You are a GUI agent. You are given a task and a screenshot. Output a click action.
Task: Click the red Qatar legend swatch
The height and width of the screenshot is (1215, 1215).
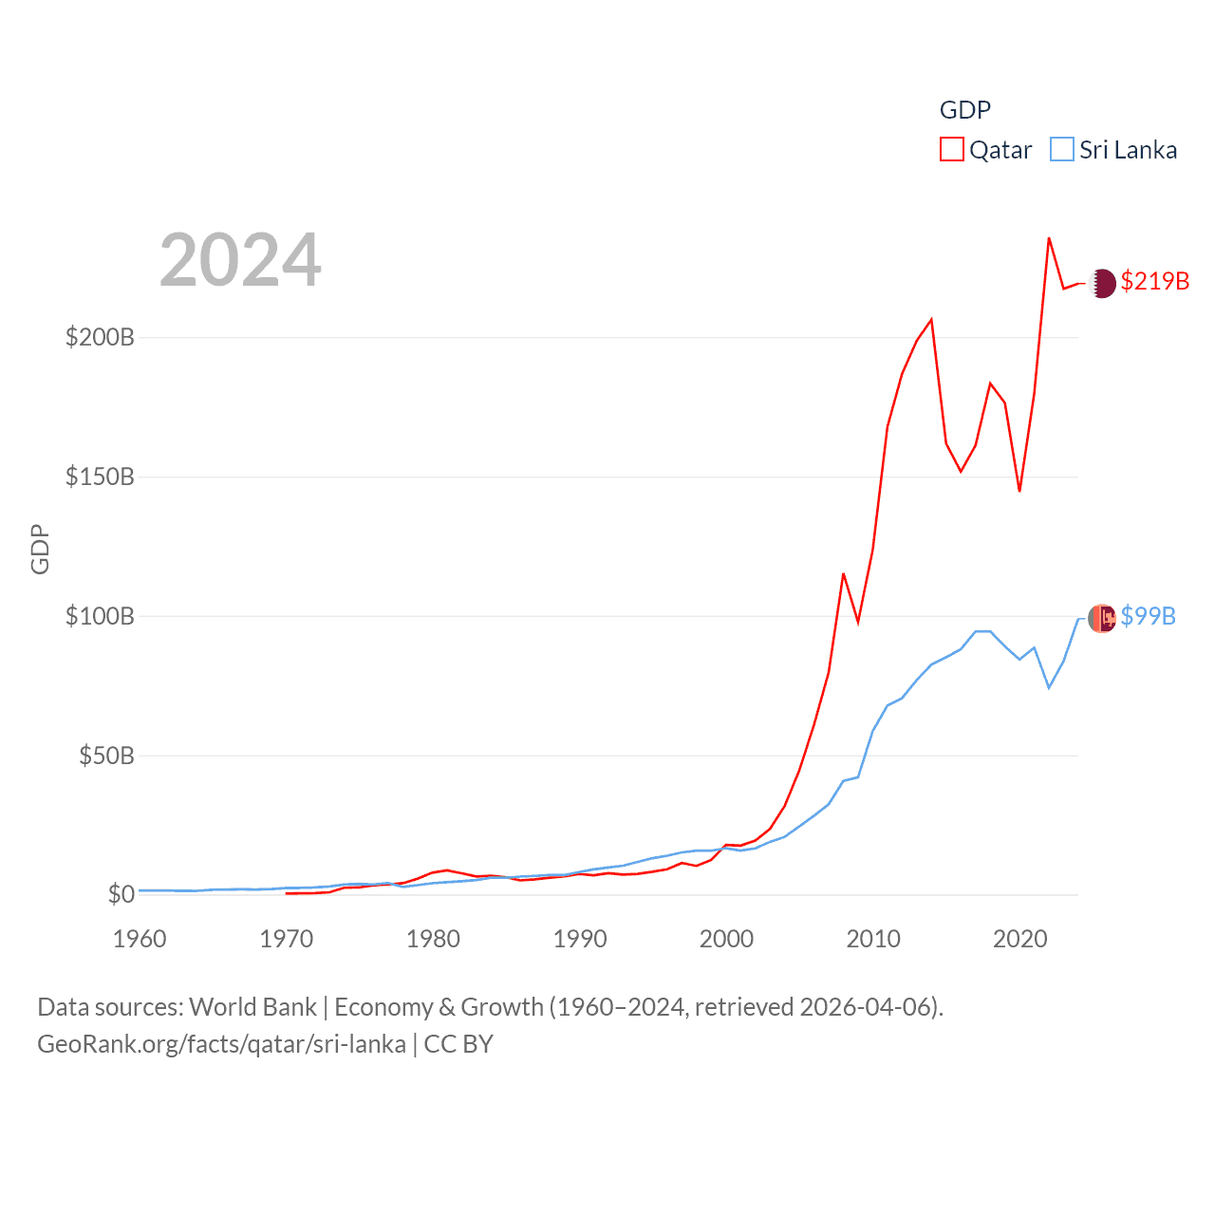coord(951,150)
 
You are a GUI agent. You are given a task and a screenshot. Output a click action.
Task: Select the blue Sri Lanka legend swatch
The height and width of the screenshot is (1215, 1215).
coord(1062,150)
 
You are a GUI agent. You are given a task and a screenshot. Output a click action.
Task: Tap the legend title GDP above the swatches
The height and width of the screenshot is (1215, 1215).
coord(964,110)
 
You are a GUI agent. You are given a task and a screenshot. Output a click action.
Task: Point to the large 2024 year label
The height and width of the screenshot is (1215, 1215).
coord(240,260)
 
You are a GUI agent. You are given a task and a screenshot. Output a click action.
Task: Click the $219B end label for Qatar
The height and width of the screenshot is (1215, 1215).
coord(1154,281)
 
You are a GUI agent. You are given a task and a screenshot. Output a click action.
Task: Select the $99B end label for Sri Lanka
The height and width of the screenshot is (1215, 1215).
coord(1148,616)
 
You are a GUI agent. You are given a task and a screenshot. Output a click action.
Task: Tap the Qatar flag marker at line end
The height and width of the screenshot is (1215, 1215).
coord(1102,283)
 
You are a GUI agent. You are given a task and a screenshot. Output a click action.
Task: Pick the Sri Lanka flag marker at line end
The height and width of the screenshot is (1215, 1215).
coord(1102,618)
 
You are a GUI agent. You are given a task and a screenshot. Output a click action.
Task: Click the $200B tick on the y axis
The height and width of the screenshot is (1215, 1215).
coord(100,337)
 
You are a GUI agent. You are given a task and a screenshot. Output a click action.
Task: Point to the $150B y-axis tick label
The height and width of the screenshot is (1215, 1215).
coord(100,477)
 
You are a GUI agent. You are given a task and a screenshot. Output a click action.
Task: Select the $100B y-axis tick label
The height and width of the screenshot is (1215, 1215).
coord(100,616)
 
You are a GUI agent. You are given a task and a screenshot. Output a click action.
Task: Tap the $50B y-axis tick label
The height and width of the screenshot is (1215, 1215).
coord(106,756)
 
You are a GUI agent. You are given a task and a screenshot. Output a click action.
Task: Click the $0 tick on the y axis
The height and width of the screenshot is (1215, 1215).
coord(121,894)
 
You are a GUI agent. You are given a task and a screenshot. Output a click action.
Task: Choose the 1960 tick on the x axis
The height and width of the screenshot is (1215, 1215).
coord(140,939)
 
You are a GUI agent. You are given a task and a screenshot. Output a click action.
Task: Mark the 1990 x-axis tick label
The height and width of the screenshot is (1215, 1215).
coord(580,939)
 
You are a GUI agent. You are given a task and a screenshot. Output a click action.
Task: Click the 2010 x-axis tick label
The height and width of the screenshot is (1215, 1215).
coord(873,939)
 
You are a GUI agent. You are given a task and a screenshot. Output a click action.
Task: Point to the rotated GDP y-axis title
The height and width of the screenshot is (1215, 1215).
coord(40,549)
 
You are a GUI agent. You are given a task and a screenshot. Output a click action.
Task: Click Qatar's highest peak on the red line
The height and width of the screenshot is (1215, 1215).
coord(1049,238)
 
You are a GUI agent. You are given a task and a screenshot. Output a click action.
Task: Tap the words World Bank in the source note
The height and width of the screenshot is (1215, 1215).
coord(253,1006)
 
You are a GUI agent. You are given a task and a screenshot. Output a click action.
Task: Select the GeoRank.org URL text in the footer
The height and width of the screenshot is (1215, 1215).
coord(221,1044)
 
